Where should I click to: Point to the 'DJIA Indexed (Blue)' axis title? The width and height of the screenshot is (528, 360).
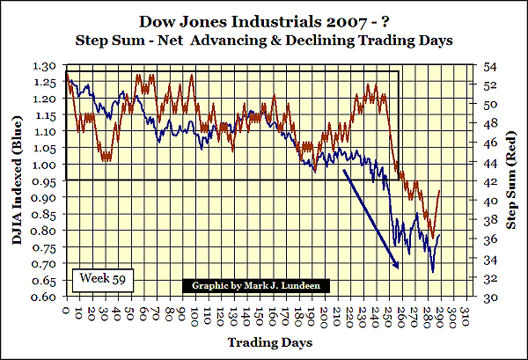pyautogui.click(x=16, y=180)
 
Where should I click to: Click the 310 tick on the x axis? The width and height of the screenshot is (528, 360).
pyautogui.click(x=466, y=313)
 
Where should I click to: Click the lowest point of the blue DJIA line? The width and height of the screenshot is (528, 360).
pyautogui.click(x=433, y=272)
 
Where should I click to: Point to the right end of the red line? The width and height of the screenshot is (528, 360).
pyautogui.click(x=440, y=191)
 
